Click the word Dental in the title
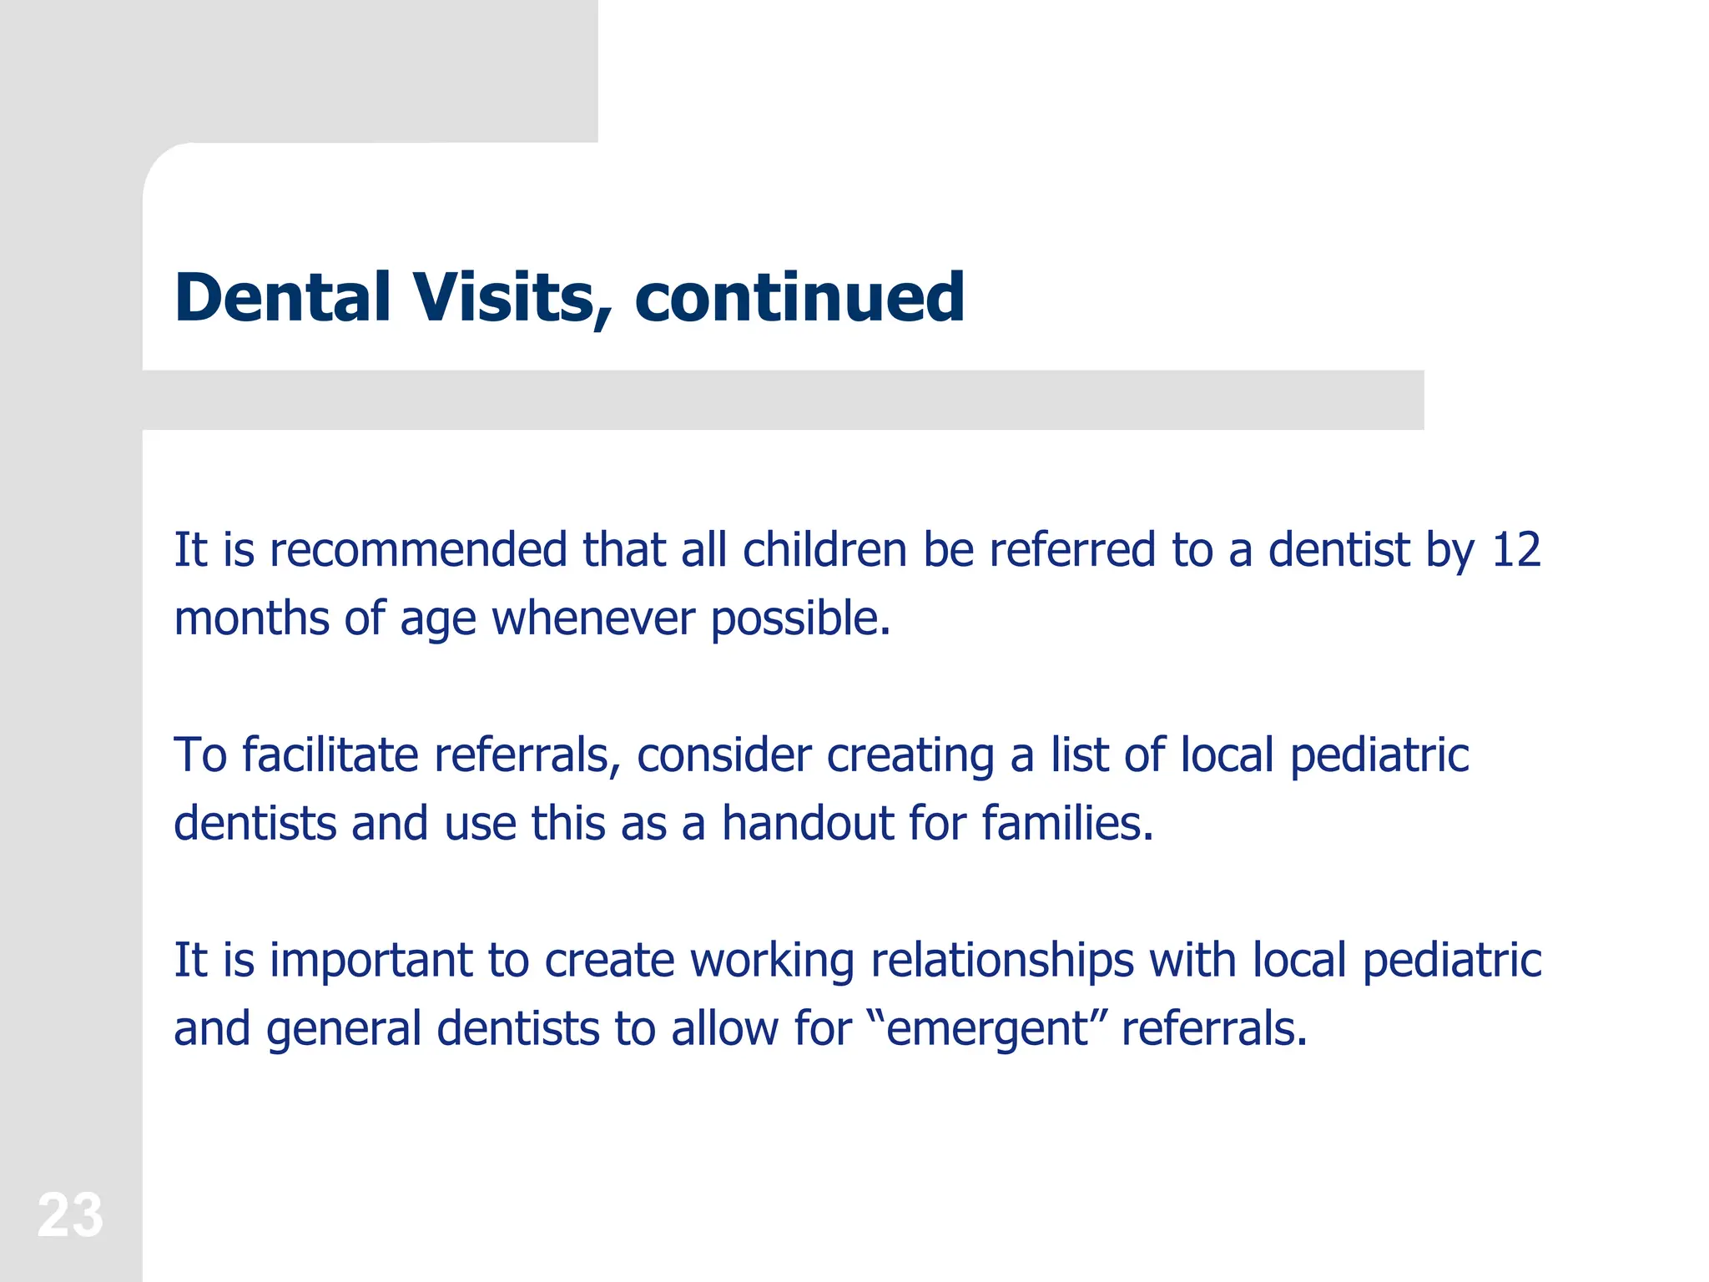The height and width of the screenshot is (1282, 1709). (283, 297)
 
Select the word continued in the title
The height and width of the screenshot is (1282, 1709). (799, 297)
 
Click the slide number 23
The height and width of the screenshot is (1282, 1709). (70, 1215)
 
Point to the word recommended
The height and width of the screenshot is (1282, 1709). (418, 550)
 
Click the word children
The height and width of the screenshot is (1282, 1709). (824, 550)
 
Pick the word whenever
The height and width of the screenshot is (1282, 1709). (592, 618)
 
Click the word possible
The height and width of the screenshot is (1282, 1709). (800, 618)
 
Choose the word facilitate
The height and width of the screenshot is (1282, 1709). (330, 755)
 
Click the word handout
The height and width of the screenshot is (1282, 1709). (807, 823)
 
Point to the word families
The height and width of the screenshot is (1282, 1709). (1067, 823)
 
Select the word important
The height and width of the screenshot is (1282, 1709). (371, 960)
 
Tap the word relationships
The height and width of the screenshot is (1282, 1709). (1002, 960)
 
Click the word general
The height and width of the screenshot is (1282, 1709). (344, 1029)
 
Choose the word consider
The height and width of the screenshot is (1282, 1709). (723, 755)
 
